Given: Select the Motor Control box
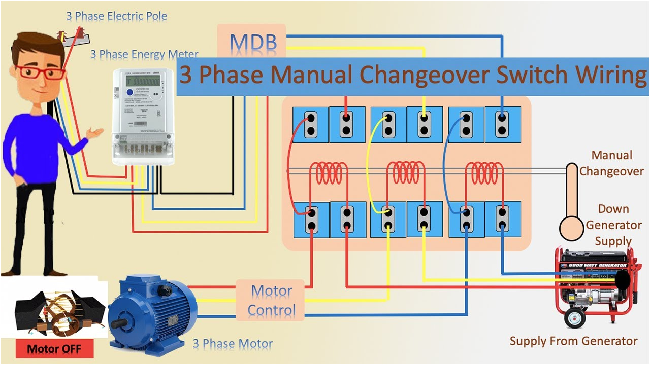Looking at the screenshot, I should [x=271, y=301].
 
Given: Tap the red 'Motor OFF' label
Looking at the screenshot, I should [x=54, y=349].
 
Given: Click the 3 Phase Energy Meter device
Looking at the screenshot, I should [x=143, y=117].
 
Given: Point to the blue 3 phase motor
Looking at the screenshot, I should [x=152, y=309].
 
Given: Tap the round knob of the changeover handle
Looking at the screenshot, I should [x=571, y=228].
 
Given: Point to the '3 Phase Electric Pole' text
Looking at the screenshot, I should [x=116, y=16].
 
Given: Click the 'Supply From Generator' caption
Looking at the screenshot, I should [x=573, y=341].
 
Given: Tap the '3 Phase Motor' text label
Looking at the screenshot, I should [x=233, y=344].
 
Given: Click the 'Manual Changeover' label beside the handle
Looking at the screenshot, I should [x=612, y=163].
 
